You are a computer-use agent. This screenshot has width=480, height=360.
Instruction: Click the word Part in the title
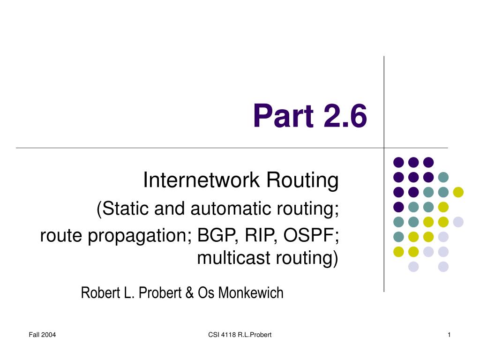(284, 116)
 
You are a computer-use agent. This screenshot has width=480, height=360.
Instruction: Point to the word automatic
(231, 209)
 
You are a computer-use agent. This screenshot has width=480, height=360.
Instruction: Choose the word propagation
(140, 236)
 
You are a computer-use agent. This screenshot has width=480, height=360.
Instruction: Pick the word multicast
(234, 258)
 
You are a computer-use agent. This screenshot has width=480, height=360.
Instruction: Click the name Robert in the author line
(101, 292)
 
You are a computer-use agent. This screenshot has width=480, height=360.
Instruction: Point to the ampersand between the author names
(189, 292)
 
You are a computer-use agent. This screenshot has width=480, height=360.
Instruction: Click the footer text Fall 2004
(42, 335)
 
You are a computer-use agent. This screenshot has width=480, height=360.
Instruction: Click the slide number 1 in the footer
(449, 335)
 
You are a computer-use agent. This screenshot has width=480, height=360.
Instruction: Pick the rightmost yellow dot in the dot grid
(458, 192)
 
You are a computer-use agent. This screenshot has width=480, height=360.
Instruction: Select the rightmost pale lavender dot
(458, 222)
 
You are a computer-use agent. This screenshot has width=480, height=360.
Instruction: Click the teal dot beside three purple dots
(443, 177)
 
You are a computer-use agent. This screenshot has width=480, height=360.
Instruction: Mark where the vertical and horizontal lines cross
(384, 148)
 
